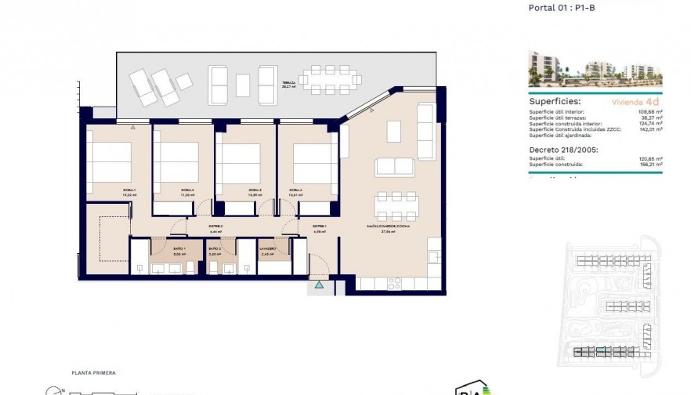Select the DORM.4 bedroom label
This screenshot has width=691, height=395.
pos(295,190)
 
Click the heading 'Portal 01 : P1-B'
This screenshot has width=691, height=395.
pos(562,6)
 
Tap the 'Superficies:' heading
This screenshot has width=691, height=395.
pos(555,101)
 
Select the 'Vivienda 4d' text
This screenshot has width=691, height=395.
pos(635,102)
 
